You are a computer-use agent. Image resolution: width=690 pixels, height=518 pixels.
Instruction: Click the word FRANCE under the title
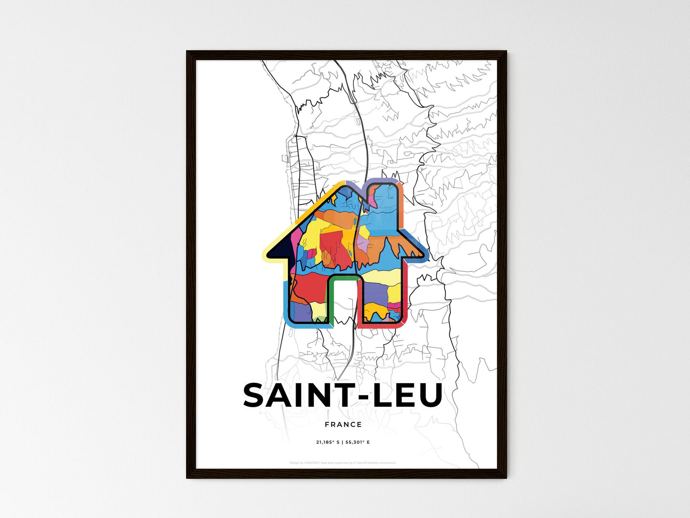[343, 424]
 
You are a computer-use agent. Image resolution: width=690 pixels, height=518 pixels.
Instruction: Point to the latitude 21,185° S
[328, 442]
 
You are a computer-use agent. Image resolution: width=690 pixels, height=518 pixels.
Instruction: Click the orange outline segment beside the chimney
[402, 205]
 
